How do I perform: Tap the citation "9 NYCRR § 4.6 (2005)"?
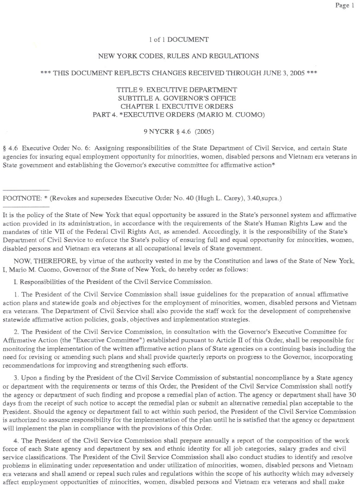tap(177, 131)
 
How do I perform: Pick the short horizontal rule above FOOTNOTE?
tap(26, 189)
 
